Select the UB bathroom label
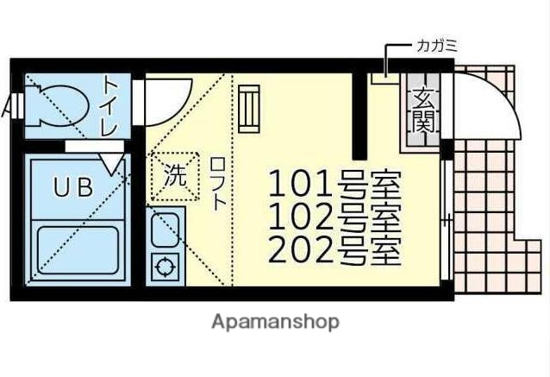pos(73,187)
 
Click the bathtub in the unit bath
pos(78,251)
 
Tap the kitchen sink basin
pos(164,229)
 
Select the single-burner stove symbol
pos(163,267)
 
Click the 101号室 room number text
pos(334,185)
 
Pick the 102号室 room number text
pos(334,216)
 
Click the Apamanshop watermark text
pos(275,322)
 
